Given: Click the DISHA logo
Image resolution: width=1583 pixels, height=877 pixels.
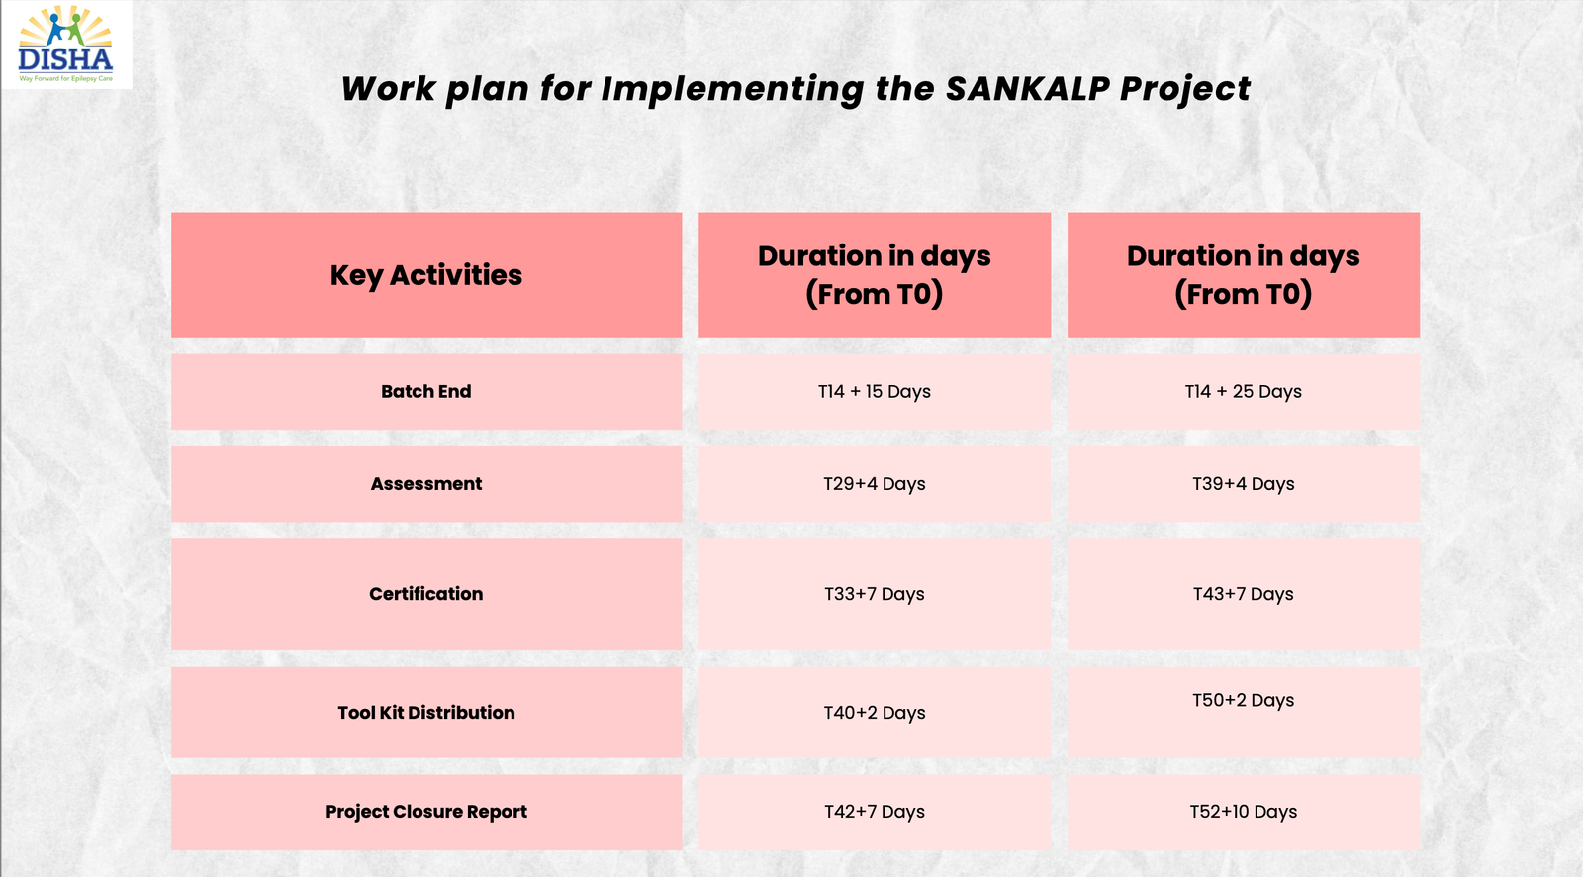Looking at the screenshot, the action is click(x=65, y=44).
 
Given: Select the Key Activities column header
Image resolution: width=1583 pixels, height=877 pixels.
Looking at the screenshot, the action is click(x=426, y=275).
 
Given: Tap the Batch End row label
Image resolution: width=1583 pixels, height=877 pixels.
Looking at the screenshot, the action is click(x=426, y=391).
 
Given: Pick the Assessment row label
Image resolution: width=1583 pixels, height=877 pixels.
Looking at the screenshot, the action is click(x=426, y=484).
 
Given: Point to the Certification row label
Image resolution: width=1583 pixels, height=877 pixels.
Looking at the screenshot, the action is click(x=426, y=594).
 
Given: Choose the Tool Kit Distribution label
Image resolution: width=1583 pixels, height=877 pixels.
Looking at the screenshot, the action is click(x=426, y=713).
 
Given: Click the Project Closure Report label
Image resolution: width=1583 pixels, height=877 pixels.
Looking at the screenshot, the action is click(x=426, y=812).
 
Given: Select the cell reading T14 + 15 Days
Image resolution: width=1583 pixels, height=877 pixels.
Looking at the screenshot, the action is click(x=875, y=391).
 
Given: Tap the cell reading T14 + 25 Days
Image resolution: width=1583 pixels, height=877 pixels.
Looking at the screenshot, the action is click(x=1243, y=391).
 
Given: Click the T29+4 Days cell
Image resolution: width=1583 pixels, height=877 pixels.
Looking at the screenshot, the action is click(x=875, y=484).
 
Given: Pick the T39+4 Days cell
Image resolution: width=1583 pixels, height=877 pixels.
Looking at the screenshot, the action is click(x=1243, y=484).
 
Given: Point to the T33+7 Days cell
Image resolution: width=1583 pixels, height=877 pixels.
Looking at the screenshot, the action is click(x=875, y=594).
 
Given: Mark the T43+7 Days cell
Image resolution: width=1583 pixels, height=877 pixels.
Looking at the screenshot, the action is click(x=1243, y=594).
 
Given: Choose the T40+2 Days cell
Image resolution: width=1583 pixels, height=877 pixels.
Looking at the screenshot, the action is click(x=875, y=713).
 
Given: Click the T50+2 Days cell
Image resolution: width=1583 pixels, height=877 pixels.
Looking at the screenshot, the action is click(x=1243, y=713).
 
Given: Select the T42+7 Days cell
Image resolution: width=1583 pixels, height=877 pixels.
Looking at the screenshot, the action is click(x=875, y=812).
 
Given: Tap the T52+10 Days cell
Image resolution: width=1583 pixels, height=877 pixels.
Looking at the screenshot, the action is click(x=1243, y=812).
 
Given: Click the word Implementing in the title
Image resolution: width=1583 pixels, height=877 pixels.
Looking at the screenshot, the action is click(x=732, y=90).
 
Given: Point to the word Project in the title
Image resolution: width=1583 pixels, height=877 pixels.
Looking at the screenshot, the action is click(x=1185, y=90).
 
